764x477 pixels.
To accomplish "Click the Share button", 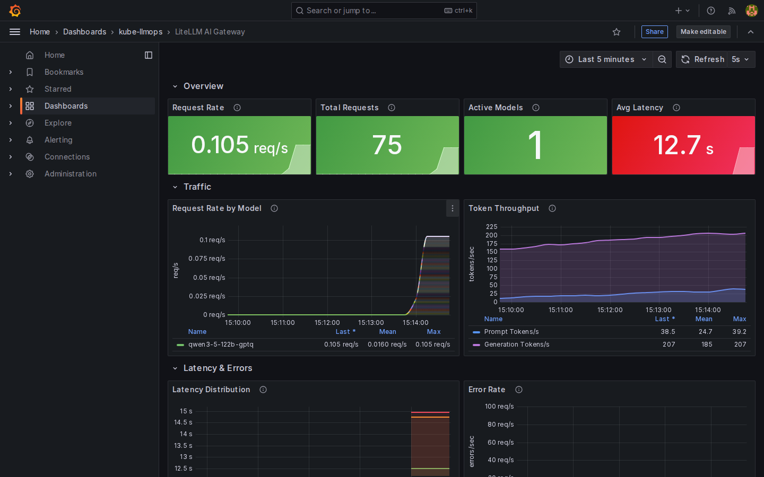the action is click(654, 32).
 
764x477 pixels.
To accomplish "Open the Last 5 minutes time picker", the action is click(606, 59).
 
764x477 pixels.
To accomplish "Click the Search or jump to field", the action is click(384, 11).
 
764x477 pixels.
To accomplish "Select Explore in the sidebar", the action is click(58, 123).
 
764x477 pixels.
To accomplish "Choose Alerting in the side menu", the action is click(58, 140).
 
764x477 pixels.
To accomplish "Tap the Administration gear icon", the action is click(30, 174).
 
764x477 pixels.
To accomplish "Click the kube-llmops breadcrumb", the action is click(141, 32).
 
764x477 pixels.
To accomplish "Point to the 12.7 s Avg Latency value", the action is click(683, 145).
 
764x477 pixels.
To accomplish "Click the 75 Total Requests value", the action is click(387, 145).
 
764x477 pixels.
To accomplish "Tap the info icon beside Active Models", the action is click(536, 108).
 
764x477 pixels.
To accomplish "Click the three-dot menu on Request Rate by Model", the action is click(452, 208).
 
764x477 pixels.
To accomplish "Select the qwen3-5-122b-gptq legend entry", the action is click(221, 344).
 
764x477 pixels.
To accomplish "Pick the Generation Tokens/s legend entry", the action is click(517, 344).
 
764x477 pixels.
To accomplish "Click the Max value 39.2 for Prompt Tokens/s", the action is click(740, 332).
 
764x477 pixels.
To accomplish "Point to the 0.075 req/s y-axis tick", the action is click(207, 259).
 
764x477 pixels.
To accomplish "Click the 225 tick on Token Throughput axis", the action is click(491, 227).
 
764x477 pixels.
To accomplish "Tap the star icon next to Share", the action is click(617, 32).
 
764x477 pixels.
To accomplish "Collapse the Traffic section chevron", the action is click(175, 187).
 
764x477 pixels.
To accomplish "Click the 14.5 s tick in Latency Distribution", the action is click(183, 422).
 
